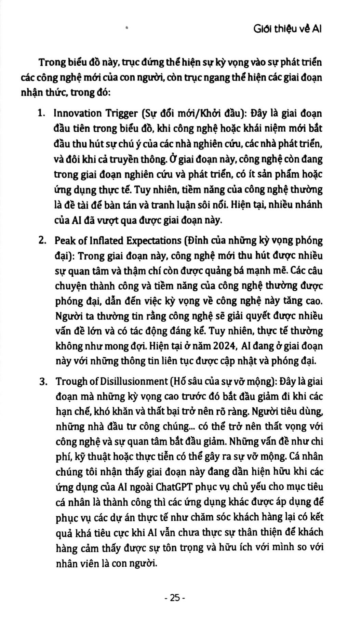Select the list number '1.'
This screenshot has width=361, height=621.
(42, 113)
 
